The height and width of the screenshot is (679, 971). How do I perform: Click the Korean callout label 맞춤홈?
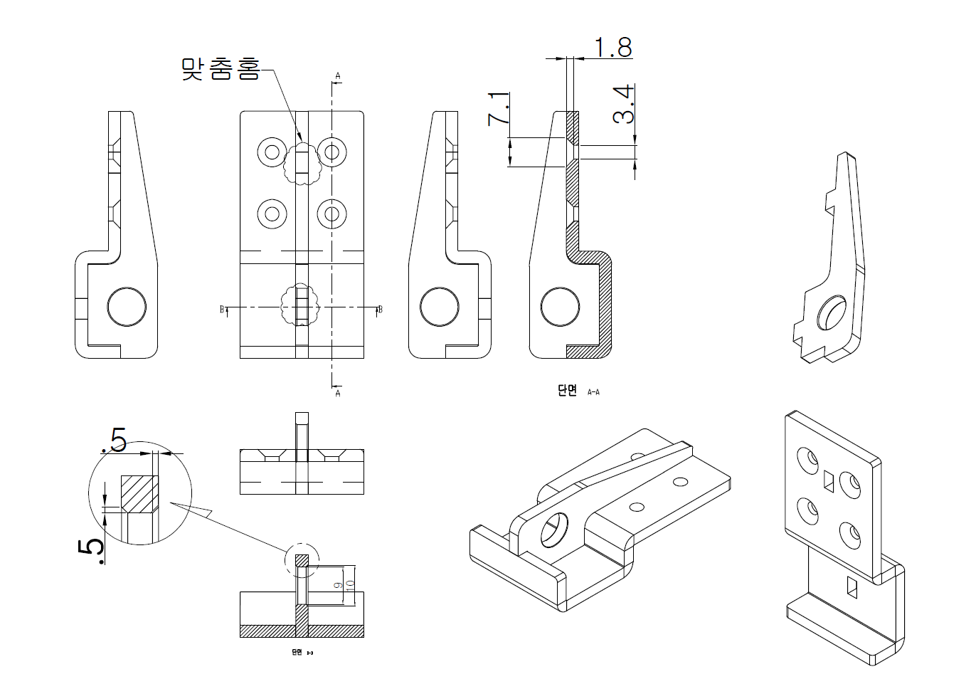coord(221,69)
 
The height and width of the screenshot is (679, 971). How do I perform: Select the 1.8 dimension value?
coord(612,47)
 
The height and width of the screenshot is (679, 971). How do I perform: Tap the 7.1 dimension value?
coord(499,108)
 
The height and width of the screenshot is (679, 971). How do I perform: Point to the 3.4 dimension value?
coord(622,105)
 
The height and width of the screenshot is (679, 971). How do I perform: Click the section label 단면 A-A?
coord(578,391)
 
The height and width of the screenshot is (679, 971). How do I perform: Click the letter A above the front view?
coord(338,75)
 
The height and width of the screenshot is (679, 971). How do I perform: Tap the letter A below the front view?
coord(338,393)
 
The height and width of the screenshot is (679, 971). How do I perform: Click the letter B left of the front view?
coord(222,310)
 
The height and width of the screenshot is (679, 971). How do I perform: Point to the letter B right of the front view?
coord(381,310)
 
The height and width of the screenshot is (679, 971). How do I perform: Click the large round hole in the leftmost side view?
coord(127,308)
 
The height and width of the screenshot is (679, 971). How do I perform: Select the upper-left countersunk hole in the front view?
coord(272,151)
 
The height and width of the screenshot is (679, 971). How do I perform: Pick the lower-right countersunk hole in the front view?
coord(331,213)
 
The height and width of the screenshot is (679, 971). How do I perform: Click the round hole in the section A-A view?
coord(560,308)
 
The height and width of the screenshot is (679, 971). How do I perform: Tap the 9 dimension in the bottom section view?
coord(339,585)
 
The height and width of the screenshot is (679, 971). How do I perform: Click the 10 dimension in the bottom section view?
coord(349,586)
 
